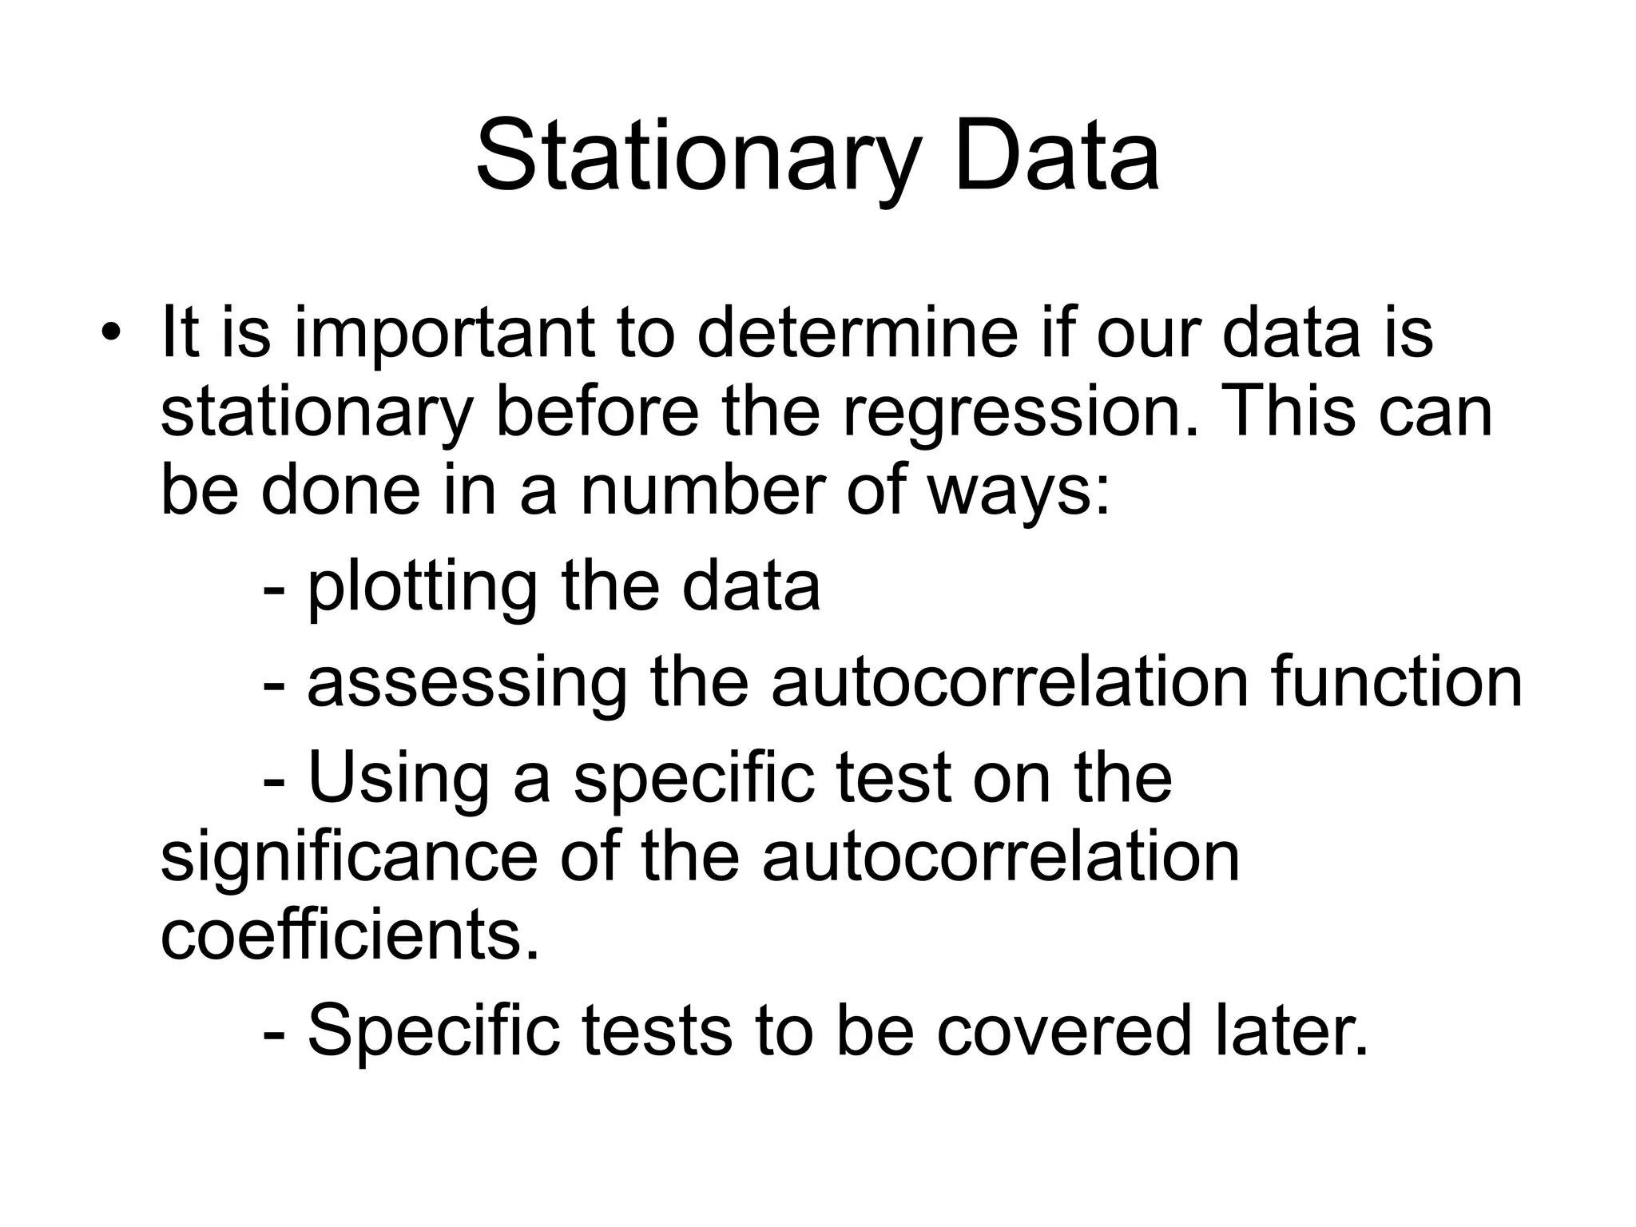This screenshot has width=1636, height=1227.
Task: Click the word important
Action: click(x=445, y=335)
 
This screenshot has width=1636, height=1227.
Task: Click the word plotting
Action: click(x=423, y=589)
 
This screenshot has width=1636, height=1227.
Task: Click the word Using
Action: click(x=398, y=780)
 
